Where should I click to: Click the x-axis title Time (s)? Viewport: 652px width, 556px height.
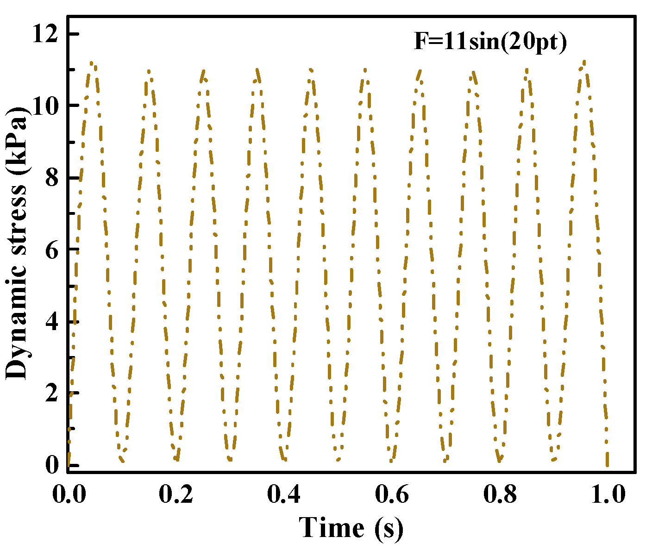[351, 528]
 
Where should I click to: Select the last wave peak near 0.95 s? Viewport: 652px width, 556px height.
[584, 62]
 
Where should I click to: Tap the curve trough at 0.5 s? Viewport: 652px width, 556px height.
[338, 459]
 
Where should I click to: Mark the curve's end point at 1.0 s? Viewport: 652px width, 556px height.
[607, 464]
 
